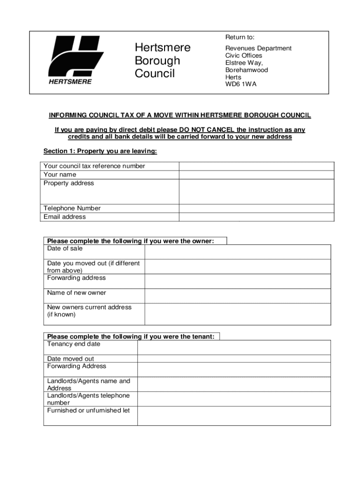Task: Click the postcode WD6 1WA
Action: click(241, 84)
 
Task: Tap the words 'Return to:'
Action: click(240, 37)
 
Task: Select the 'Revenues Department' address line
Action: click(258, 48)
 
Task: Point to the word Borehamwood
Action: click(246, 70)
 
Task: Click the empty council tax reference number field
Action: click(256, 166)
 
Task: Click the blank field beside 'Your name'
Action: click(256, 175)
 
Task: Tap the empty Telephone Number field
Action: click(256, 209)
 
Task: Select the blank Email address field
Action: click(256, 217)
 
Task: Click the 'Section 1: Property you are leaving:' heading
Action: click(100, 151)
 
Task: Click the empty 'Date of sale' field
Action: click(238, 252)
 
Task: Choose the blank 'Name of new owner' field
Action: click(238, 296)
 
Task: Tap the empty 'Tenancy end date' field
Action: click(234, 347)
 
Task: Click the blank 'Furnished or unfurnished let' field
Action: click(234, 415)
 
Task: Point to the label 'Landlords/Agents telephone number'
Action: click(88, 399)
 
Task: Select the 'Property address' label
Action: click(69, 183)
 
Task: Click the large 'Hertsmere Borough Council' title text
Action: click(162, 60)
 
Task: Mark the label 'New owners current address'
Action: click(89, 307)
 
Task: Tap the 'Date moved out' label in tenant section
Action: click(71, 359)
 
